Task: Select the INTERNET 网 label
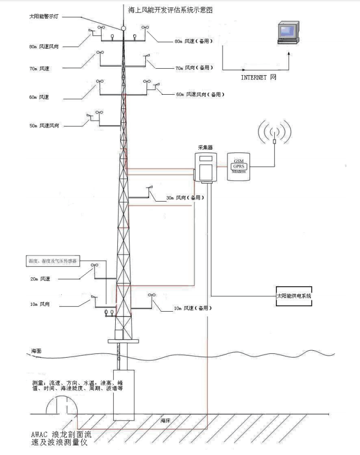coord(259,77)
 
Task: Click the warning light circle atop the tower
coord(123,28)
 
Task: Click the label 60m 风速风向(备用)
coord(200,94)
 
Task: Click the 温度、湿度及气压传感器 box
coord(52,261)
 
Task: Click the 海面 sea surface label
coord(36,351)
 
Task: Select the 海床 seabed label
coord(165,421)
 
